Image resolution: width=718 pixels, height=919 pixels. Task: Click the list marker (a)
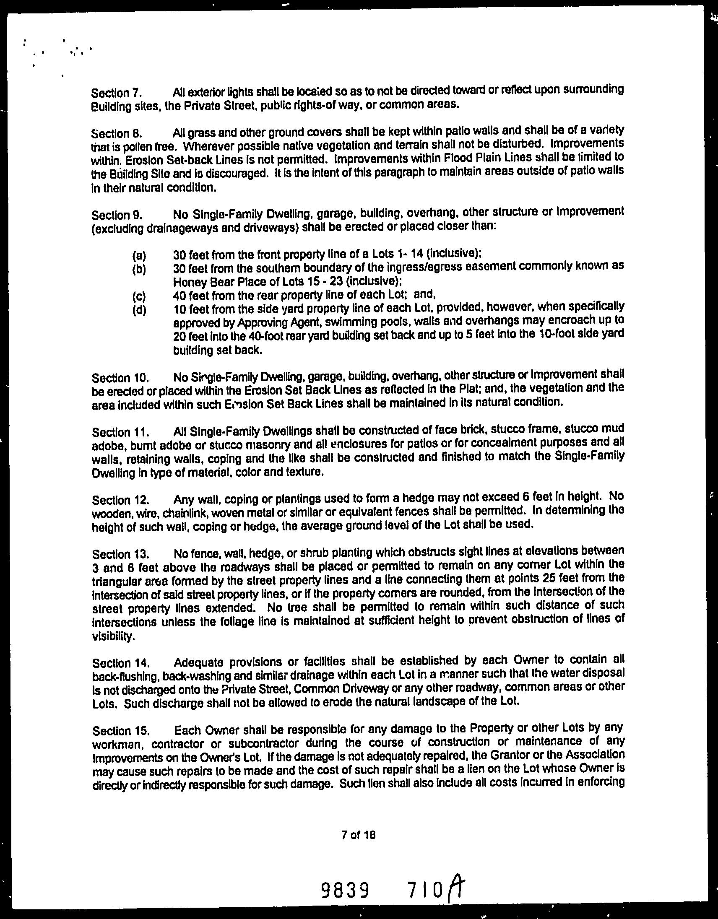pyautogui.click(x=139, y=255)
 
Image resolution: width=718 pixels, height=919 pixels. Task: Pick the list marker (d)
pyautogui.click(x=139, y=310)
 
